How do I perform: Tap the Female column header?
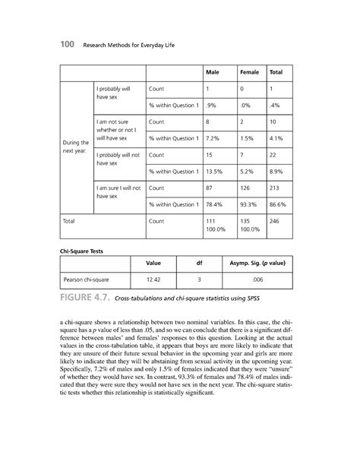point(249,72)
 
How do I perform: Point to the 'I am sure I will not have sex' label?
point(113,191)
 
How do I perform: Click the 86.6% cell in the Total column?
point(279,204)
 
